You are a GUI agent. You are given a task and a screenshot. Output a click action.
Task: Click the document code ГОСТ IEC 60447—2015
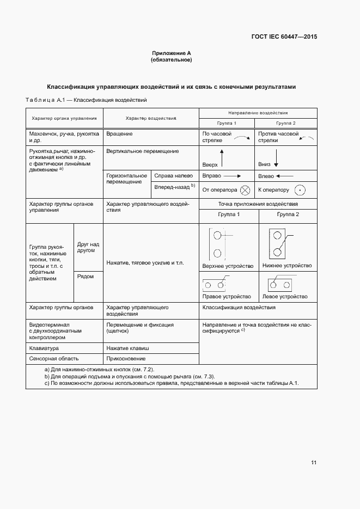point(284,37)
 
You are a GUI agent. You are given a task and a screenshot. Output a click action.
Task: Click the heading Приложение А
point(171,53)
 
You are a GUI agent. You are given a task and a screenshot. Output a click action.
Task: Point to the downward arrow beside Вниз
point(276,158)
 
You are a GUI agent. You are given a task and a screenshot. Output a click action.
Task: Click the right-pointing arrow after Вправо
point(232,176)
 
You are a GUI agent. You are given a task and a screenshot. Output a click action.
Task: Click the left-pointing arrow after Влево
point(284,176)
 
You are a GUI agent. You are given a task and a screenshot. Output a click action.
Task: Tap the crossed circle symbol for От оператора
point(245,190)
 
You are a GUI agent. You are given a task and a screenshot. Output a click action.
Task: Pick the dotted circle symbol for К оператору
point(299,190)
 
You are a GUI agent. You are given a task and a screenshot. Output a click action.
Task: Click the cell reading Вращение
point(120,133)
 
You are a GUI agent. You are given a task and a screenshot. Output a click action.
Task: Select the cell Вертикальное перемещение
point(135,151)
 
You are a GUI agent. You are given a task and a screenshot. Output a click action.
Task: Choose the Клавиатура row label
point(44,347)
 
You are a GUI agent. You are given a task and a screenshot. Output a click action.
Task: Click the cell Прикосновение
point(126,358)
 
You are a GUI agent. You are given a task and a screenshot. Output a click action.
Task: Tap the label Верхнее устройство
point(228,266)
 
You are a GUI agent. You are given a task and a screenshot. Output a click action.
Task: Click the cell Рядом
point(86,277)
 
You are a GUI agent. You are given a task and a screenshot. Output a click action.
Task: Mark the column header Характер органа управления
point(64,118)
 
